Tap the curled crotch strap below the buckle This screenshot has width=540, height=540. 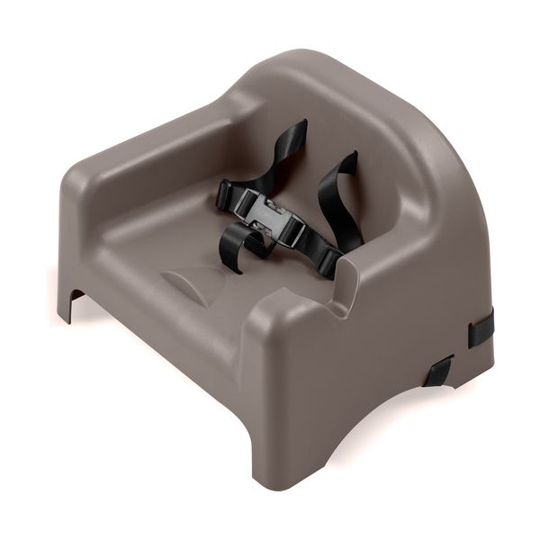click(x=238, y=240)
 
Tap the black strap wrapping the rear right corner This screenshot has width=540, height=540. click(x=481, y=327)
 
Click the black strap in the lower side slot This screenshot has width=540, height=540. click(x=438, y=370)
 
